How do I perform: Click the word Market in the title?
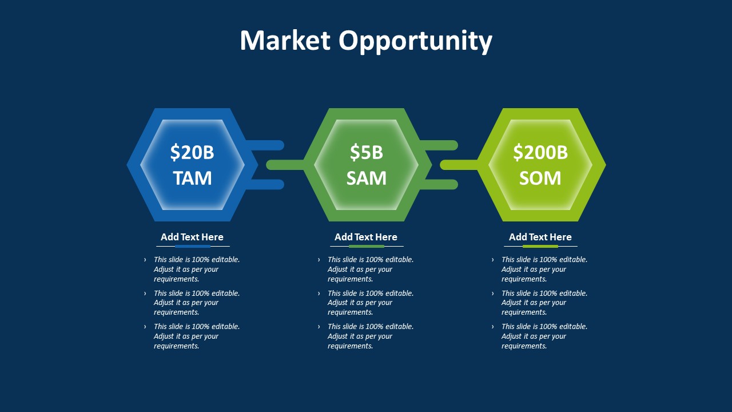[x=285, y=41]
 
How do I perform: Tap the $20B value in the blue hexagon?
[x=192, y=153]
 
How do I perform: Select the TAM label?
[x=192, y=178]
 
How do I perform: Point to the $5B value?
[x=366, y=153]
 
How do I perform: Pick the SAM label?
[x=366, y=178]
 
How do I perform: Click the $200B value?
[x=540, y=153]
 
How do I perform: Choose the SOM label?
[x=540, y=178]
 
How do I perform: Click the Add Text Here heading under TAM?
[x=192, y=237]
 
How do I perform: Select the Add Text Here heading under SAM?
[x=366, y=237]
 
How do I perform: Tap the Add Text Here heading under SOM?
[x=540, y=237]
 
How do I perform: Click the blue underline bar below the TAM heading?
[x=193, y=247]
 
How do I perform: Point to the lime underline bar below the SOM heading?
[x=540, y=247]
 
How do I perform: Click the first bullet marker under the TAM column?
[x=145, y=260]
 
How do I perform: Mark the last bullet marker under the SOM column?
[x=493, y=327]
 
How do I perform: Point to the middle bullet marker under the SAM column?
[x=319, y=294]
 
